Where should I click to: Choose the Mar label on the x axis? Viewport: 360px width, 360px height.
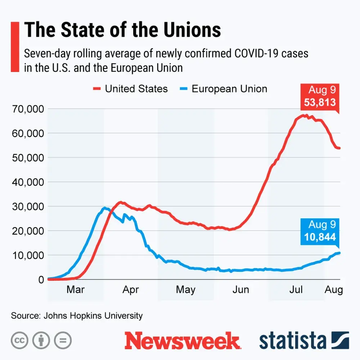pos(76,290)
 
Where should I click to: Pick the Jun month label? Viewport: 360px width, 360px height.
pos(240,290)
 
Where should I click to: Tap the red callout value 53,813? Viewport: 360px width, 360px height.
pos(320,102)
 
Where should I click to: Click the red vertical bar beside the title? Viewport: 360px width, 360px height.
pos(15,47)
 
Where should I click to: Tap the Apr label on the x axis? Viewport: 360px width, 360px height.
pos(131,290)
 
